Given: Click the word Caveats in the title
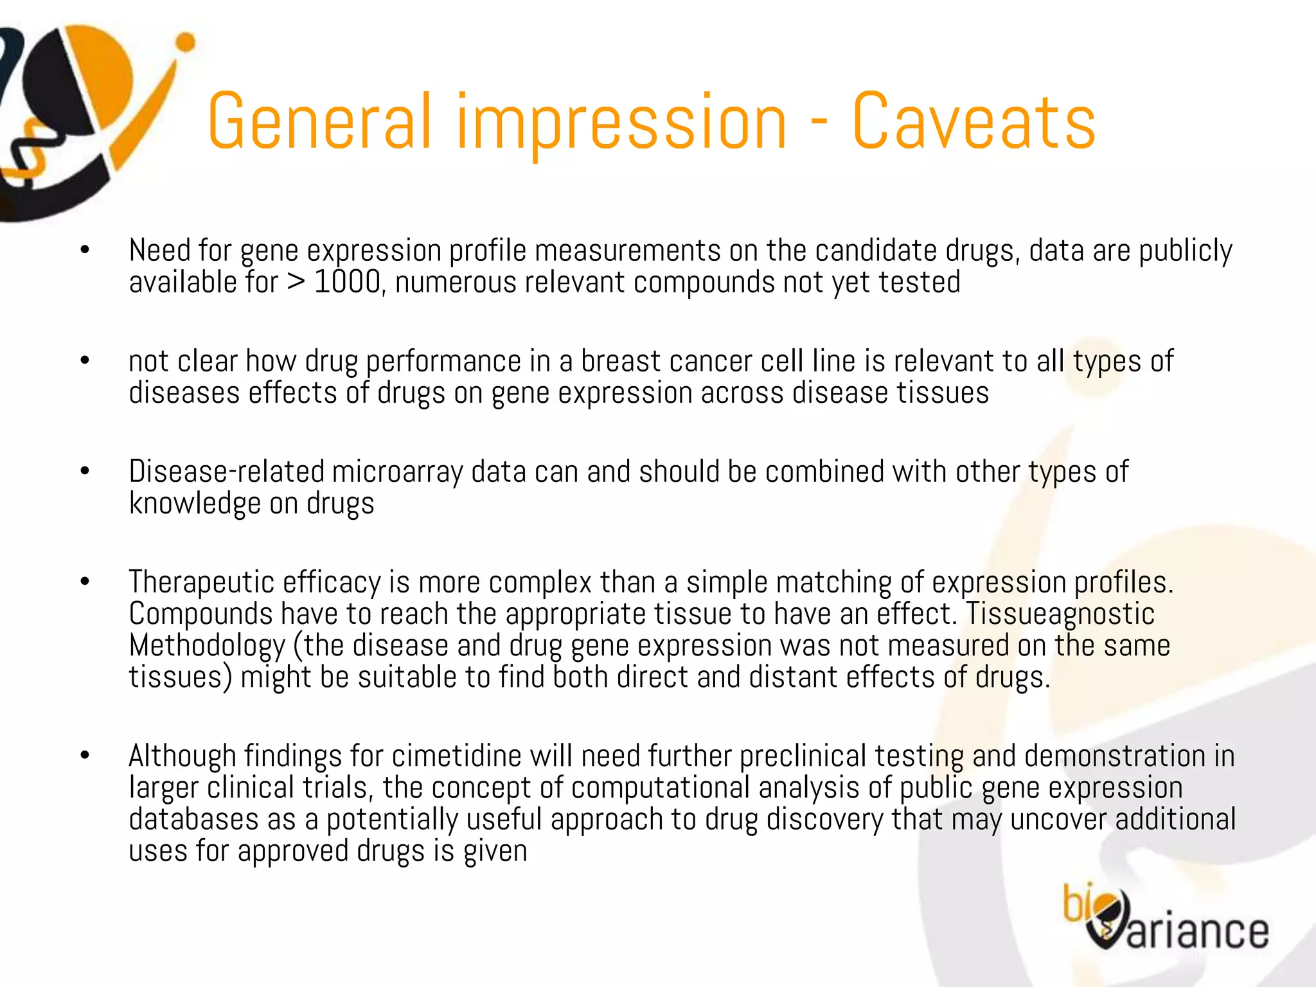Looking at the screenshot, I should [974, 122].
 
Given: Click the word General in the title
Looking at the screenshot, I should [319, 122].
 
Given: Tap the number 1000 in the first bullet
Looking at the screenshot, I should [348, 282].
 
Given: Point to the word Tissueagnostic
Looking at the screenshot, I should [1060, 614].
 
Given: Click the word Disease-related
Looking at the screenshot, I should [226, 472].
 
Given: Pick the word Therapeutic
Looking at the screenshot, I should [200, 582].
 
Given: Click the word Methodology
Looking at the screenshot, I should [207, 646].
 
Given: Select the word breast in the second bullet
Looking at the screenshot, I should [621, 361].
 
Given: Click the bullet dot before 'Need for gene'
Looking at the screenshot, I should [85, 251].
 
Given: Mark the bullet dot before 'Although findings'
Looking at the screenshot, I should [85, 756].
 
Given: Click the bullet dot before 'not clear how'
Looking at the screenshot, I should [85, 361].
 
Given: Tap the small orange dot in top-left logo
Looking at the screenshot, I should [185, 42].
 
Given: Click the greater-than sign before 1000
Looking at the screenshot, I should [296, 283].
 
